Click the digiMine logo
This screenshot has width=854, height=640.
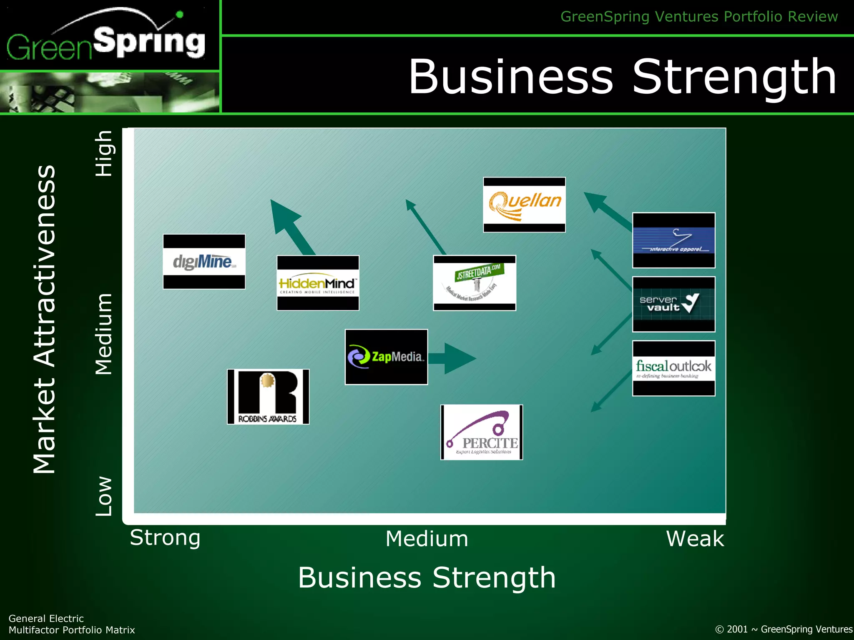204,262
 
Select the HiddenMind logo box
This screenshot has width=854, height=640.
318,283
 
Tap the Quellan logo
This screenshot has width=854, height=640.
524,205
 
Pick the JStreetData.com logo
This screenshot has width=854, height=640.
475,283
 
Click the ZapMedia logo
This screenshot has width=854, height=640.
386,357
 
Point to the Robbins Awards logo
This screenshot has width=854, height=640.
268,397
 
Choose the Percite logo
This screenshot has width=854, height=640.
482,432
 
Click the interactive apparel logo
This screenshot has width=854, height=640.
673,240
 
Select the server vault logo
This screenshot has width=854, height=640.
673,304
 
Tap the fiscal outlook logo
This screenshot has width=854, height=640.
673,368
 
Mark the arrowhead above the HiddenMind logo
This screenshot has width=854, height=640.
284,215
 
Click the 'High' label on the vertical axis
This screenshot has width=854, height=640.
104,153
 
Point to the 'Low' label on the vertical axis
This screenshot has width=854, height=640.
104,496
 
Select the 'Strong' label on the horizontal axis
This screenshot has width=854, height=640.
165,537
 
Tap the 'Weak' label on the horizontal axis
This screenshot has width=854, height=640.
695,538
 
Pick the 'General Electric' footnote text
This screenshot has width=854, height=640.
46,618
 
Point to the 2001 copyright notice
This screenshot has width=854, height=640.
784,629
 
